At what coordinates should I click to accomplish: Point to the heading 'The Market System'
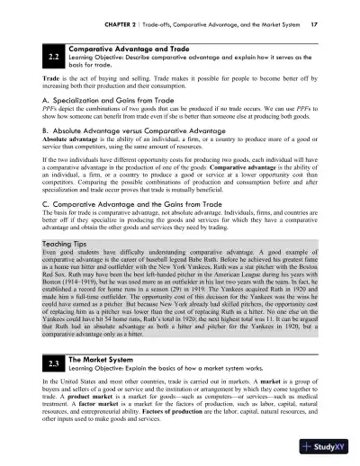[x=101, y=355]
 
